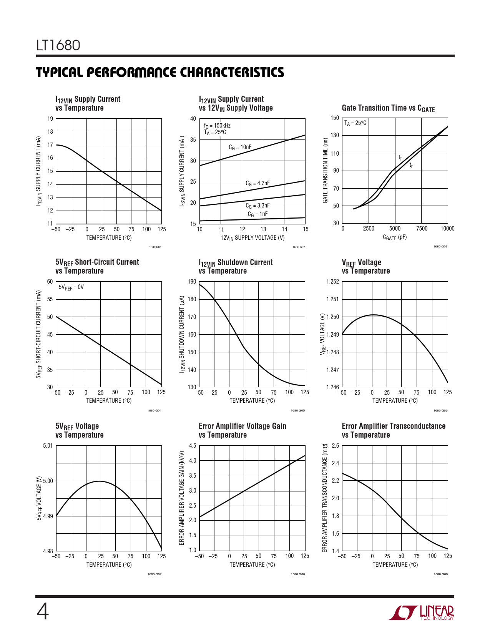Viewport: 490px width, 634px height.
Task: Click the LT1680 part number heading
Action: coord(58,46)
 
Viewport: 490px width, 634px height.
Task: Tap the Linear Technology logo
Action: coord(421,612)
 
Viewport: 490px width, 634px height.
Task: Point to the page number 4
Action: coord(43,612)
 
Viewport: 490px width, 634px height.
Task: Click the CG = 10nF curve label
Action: coord(240,147)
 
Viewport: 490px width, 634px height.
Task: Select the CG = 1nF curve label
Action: coord(257,214)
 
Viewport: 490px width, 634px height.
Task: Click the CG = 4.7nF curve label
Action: coord(257,183)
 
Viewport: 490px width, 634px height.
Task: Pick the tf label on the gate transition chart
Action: coord(400,158)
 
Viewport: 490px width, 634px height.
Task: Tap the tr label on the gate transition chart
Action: coord(411,165)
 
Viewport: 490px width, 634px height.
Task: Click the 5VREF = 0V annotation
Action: coord(71,287)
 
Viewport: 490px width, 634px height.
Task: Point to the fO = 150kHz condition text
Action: coord(217,126)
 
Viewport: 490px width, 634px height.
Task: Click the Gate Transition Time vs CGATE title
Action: coord(388,108)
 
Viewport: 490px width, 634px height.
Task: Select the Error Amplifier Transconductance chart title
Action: coord(393,430)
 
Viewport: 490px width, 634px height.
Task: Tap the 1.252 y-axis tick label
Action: coord(332,282)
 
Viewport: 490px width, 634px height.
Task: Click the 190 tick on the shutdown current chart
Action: coord(192,282)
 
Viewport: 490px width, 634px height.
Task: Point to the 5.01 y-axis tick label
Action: coord(48,446)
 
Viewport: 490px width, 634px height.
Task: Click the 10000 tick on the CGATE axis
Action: coord(447,229)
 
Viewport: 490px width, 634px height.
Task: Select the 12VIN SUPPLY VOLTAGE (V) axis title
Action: coord(252,238)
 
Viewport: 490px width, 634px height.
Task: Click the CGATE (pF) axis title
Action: coord(395,237)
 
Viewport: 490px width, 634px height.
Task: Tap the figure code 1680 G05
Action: coord(297,411)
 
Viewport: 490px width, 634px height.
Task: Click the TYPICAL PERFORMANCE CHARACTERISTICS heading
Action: coord(160,72)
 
